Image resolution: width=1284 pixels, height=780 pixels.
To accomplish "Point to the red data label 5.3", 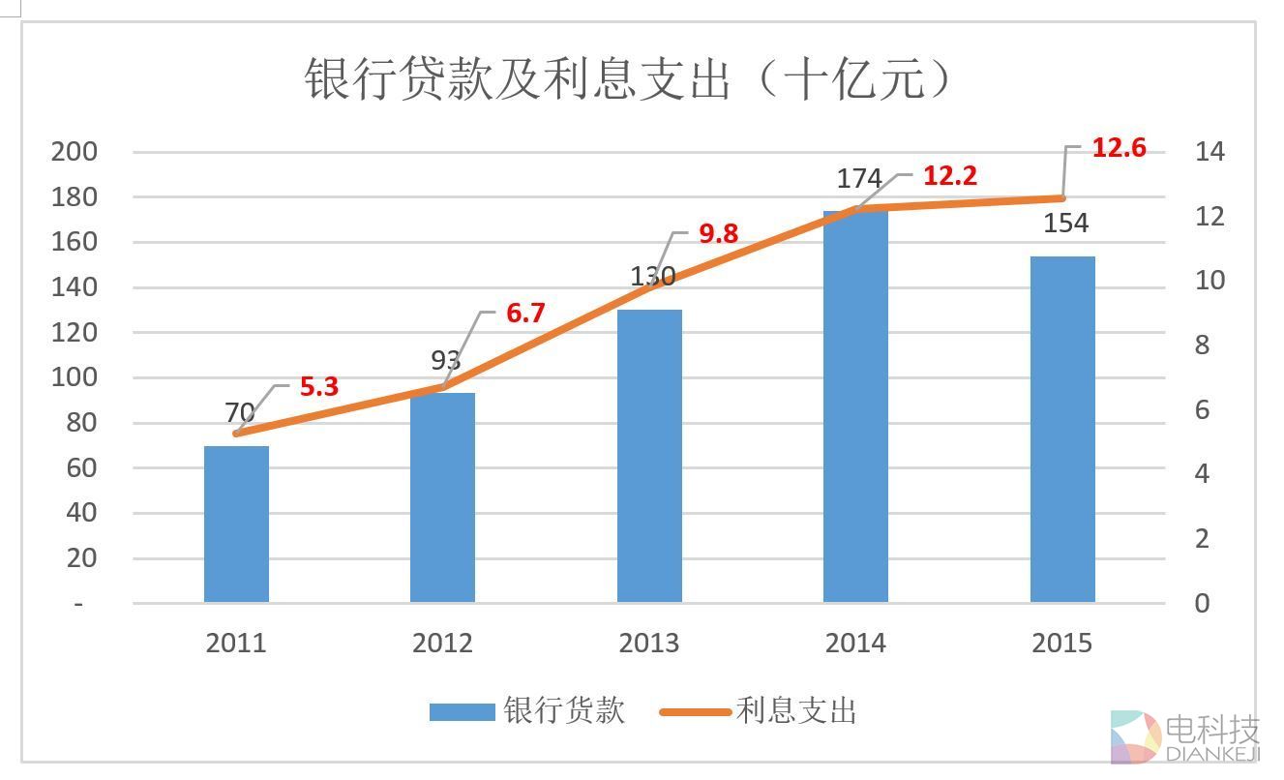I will [x=319, y=387].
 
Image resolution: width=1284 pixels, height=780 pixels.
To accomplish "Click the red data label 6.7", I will [x=525, y=314].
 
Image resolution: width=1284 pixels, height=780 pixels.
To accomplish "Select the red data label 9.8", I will [x=719, y=233].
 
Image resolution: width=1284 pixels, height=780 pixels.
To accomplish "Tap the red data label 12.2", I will [x=949, y=176].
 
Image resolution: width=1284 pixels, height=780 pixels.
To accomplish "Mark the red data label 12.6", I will [x=1119, y=148].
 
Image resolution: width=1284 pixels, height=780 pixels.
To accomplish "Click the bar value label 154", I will [x=1066, y=224].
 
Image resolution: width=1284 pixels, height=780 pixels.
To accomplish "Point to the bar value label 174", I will [x=859, y=179].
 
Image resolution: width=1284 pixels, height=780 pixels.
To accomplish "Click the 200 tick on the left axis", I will [x=75, y=152].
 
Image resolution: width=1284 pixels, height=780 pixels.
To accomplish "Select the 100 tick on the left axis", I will [x=75, y=377].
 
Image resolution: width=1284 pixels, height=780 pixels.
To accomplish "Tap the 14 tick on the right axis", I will [x=1209, y=152].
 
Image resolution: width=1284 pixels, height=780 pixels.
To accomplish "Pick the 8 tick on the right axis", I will [x=1203, y=345].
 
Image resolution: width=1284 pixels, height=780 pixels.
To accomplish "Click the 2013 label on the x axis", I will [x=649, y=644].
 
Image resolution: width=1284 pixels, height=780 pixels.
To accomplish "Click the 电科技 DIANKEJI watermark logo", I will [x=1184, y=737].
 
